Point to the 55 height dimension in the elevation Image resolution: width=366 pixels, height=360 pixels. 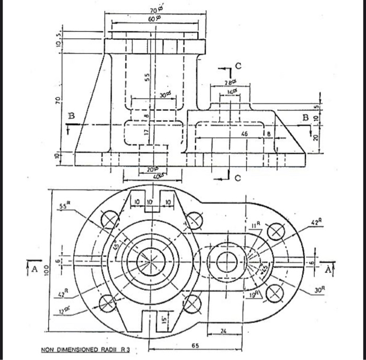pyautogui.click(x=147, y=77)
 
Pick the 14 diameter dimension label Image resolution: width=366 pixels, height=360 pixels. pyautogui.click(x=230, y=91)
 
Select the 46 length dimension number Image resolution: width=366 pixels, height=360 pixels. pyautogui.click(x=244, y=134)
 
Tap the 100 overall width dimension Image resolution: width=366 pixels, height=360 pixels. pyautogui.click(x=46, y=269)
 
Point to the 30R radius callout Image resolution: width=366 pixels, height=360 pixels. pyautogui.click(x=321, y=289)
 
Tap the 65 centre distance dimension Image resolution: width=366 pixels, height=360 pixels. pyautogui.click(x=195, y=346)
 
